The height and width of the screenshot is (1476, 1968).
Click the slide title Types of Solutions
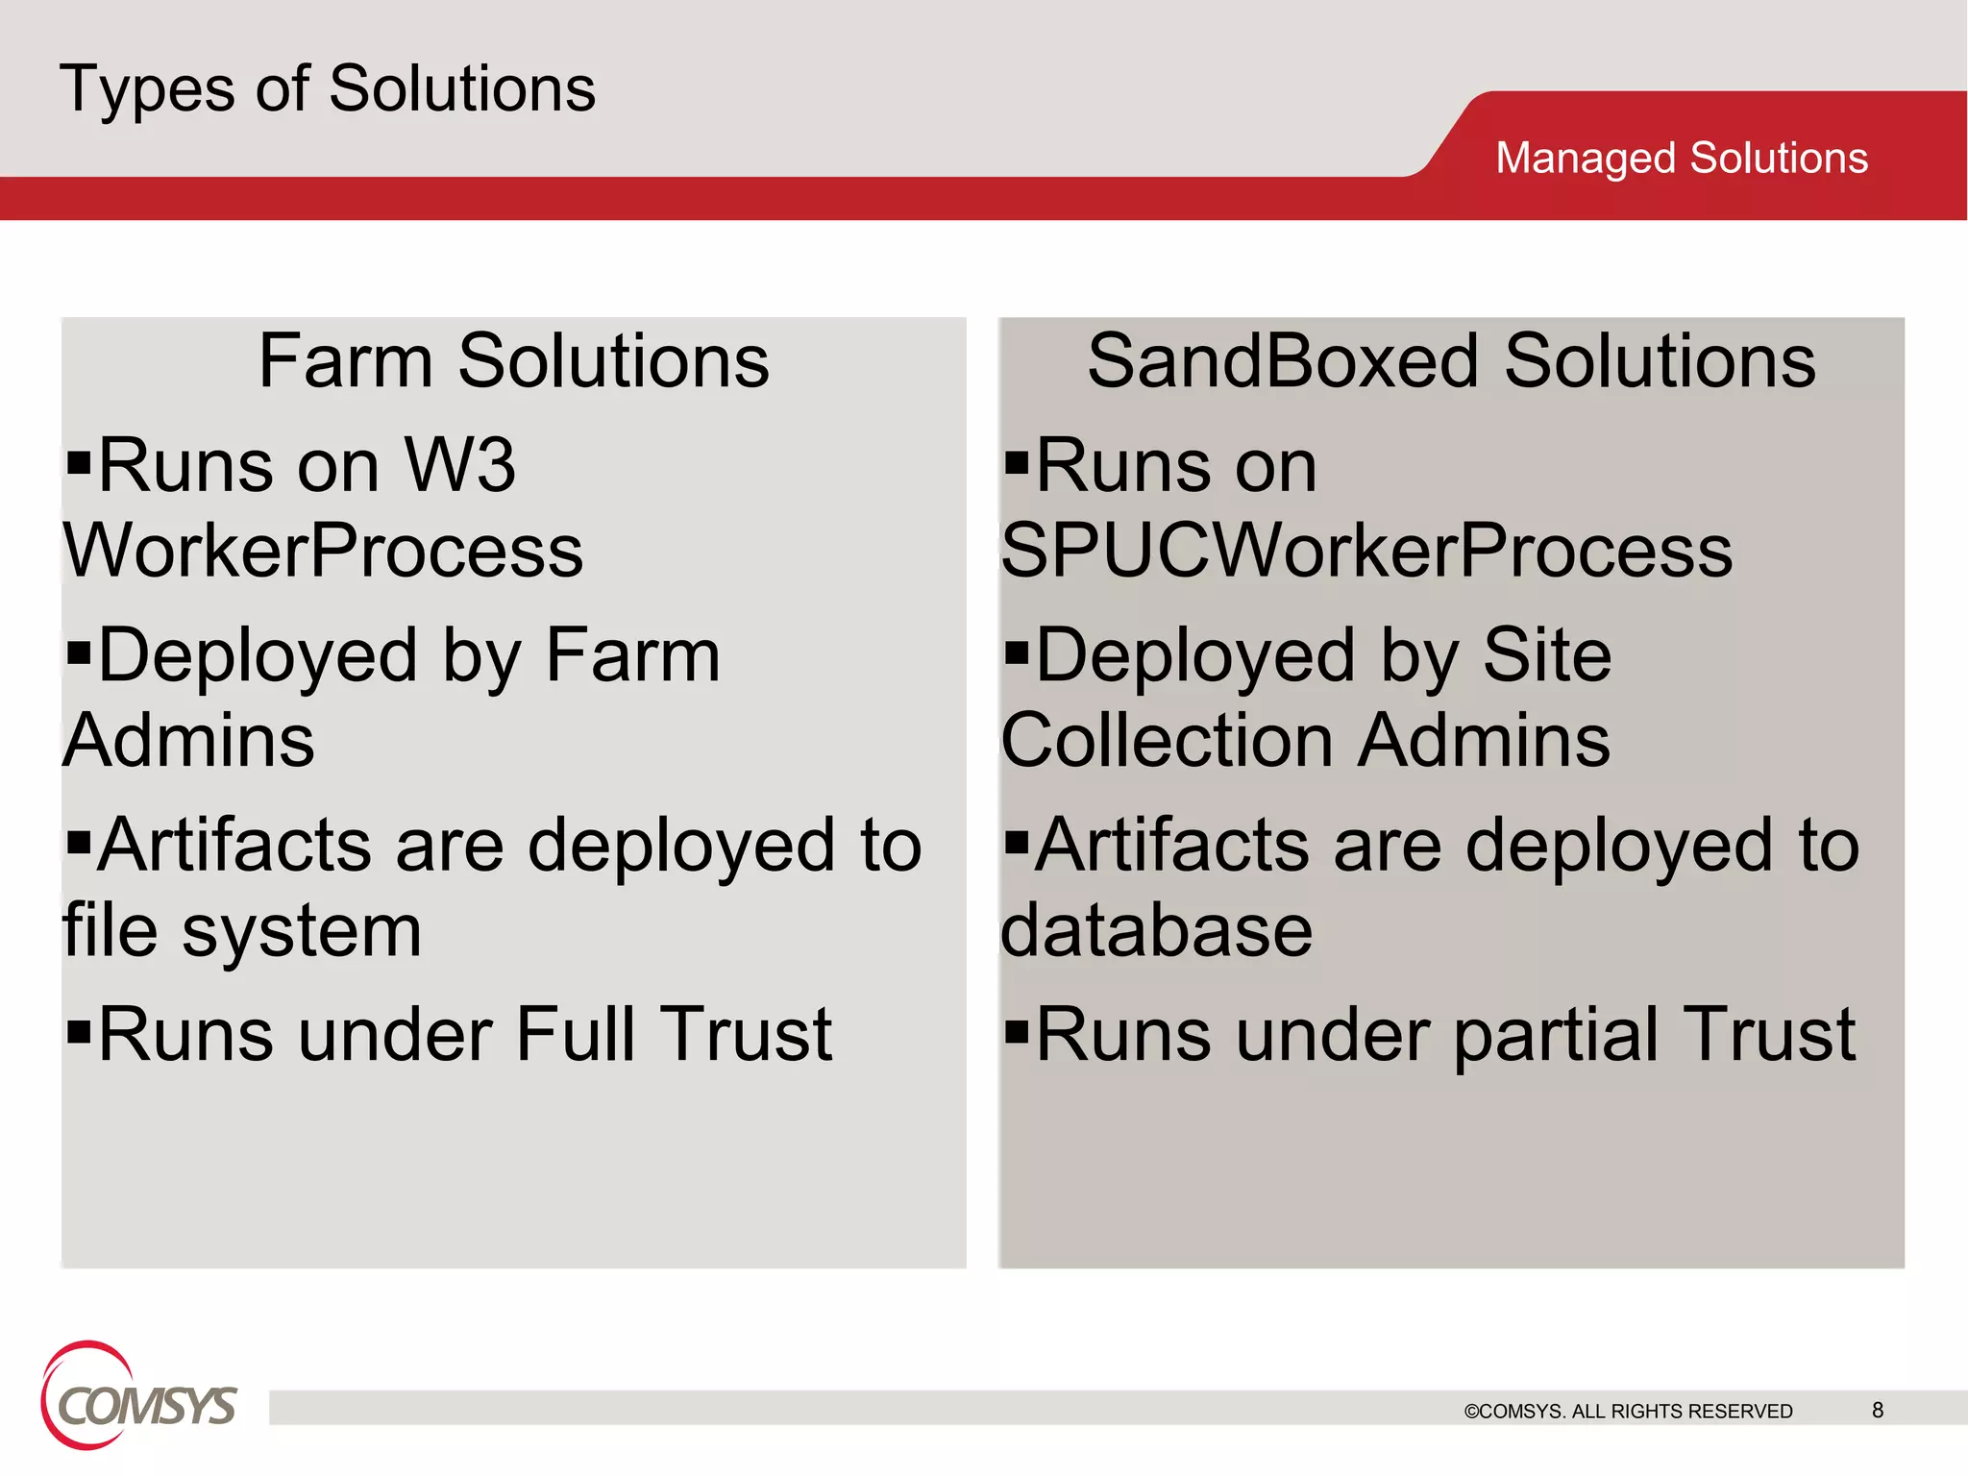point(327,88)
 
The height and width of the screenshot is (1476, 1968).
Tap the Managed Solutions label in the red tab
point(1681,158)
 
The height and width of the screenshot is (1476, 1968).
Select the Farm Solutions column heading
point(514,361)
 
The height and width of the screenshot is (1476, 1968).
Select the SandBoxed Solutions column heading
point(1451,361)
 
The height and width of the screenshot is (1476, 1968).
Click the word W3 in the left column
point(460,465)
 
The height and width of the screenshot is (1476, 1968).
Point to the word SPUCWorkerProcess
point(1365,551)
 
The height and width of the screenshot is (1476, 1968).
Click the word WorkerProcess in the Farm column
point(323,551)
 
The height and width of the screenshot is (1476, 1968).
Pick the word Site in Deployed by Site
point(1546,655)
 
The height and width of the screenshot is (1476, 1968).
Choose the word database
point(1156,930)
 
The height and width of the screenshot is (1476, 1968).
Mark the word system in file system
point(302,930)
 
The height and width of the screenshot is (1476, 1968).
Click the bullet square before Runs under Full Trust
point(79,1033)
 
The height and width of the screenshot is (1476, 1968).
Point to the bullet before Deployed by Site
point(1016,653)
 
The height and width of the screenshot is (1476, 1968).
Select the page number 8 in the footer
point(1877,1410)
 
